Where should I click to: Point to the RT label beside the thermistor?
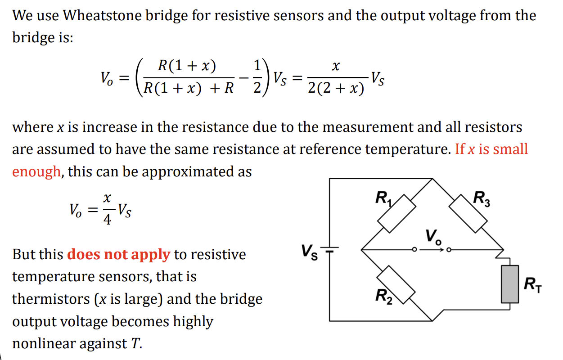coord(533,285)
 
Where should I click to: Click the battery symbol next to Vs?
coord(330,250)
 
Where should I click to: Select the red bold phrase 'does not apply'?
coord(119,255)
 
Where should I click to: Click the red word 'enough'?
coord(36,172)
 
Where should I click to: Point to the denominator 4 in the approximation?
coord(108,220)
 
